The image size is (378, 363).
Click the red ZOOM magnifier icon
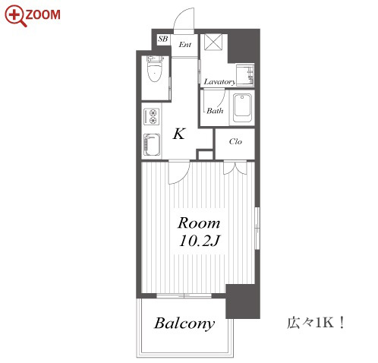pyautogui.click(x=15, y=16)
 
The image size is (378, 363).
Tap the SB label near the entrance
pyautogui.click(x=163, y=39)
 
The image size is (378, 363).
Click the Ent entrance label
pyautogui.click(x=185, y=45)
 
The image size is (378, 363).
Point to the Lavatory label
pyautogui.click(x=219, y=82)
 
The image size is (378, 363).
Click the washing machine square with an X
pyautogui.click(x=213, y=42)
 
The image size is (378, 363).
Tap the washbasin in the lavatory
pyautogui.click(x=245, y=75)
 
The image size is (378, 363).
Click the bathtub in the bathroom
pyautogui.click(x=242, y=108)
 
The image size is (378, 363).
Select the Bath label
pyautogui.click(x=215, y=111)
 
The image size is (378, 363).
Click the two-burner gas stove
pyautogui.click(x=152, y=116)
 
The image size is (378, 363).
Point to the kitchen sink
pyautogui.click(x=152, y=144)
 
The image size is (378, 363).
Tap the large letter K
pyautogui.click(x=179, y=134)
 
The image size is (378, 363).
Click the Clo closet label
pyautogui.click(x=235, y=141)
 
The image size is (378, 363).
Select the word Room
pyautogui.click(x=199, y=223)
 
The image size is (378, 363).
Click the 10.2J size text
pyautogui.click(x=199, y=241)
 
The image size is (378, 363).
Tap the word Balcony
pyautogui.click(x=184, y=324)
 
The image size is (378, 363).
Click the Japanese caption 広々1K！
pyautogui.click(x=316, y=323)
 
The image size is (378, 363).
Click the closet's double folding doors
pyautogui.click(x=235, y=167)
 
